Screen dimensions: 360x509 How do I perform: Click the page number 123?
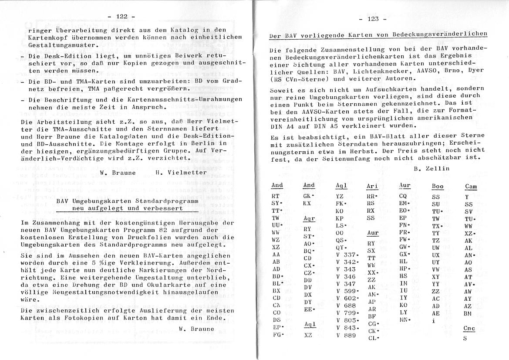tap(373, 19)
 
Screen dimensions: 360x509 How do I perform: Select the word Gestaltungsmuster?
tap(59, 45)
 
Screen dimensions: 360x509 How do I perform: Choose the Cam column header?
tap(471, 187)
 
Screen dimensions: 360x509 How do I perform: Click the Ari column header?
tap(372, 186)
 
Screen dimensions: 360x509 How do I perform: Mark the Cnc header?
tap(469, 329)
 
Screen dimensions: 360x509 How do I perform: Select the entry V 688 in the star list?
tap(347, 306)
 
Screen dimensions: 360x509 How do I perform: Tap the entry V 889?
tap(347, 335)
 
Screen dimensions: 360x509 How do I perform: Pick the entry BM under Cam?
tap(468, 313)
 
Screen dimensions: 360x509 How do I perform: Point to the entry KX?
tap(307, 203)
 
